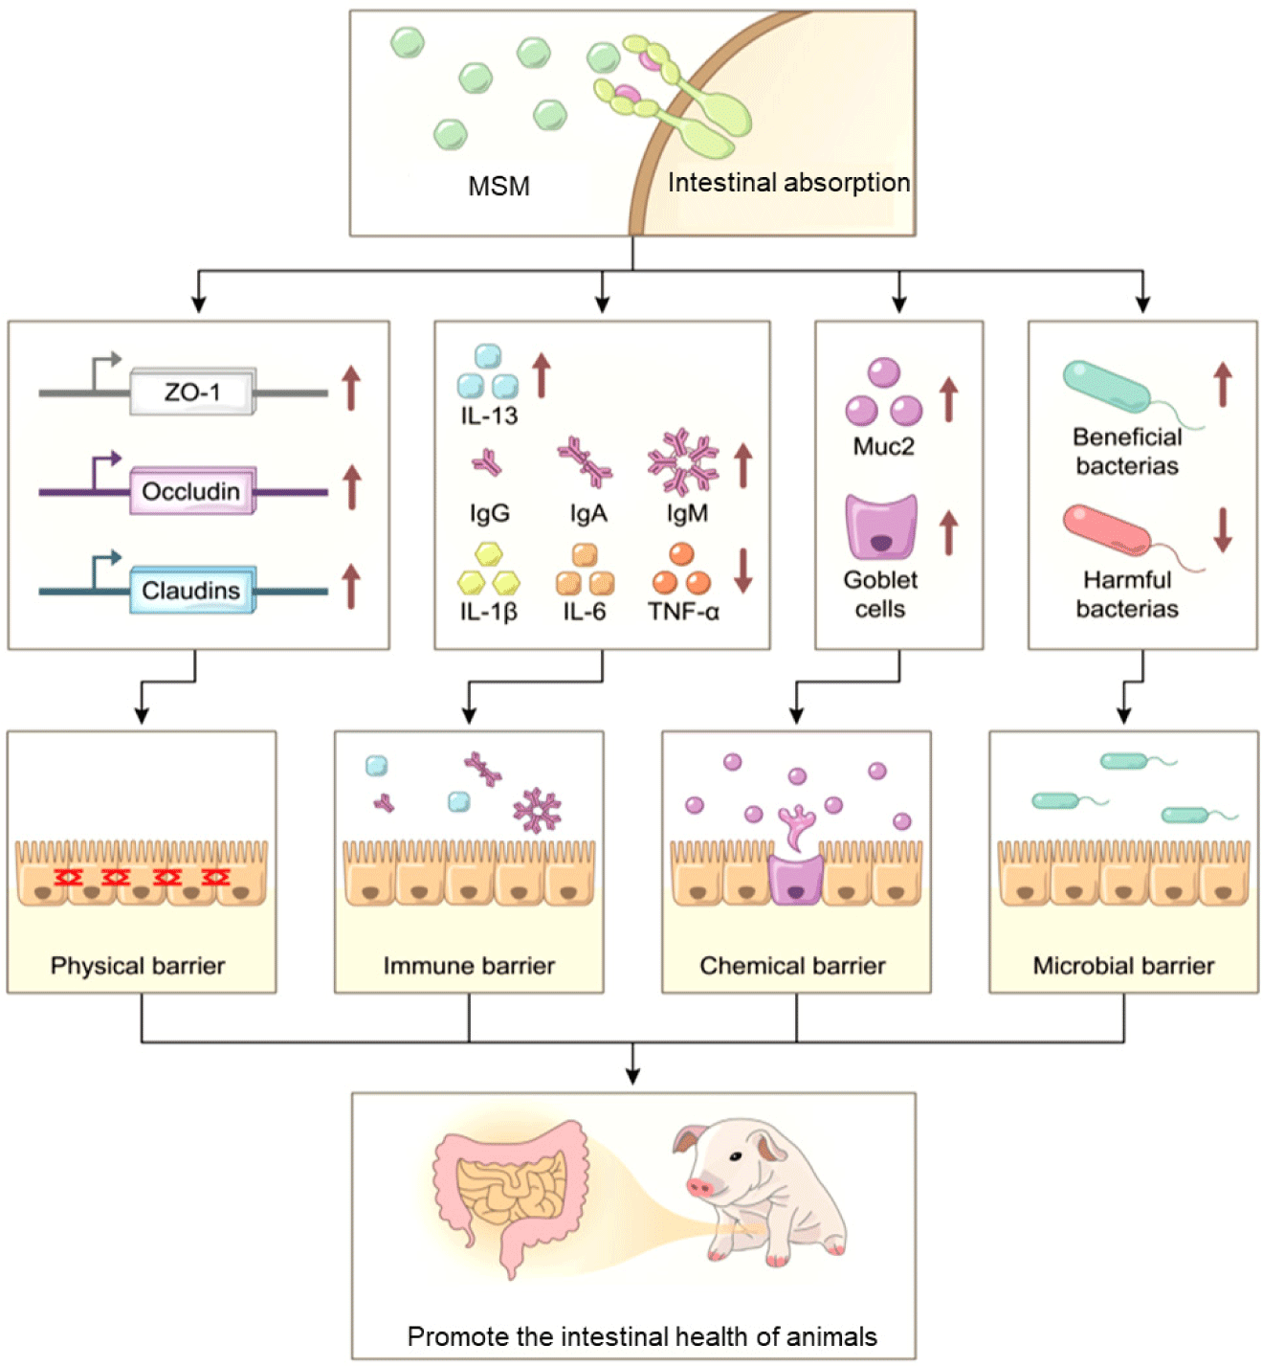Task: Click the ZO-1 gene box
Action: pos(192,392)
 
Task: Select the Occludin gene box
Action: pos(191,491)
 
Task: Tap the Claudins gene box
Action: pos(191,590)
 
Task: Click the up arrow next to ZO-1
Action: pos(351,388)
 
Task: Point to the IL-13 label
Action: pos(489,416)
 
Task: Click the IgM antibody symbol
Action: pos(682,461)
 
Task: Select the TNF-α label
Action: pos(683,612)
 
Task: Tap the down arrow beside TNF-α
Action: pos(742,570)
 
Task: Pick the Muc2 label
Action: pos(883,447)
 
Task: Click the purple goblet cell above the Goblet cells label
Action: pos(881,526)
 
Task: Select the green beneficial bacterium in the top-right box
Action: pos(1107,386)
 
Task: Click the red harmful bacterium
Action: pos(1108,528)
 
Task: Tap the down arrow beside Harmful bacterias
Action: pos(1222,529)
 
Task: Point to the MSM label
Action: pos(498,186)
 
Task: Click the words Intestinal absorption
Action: pos(788,183)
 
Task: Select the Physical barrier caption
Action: pos(138,966)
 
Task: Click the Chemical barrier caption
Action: pos(792,966)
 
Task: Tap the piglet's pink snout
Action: pos(700,1187)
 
